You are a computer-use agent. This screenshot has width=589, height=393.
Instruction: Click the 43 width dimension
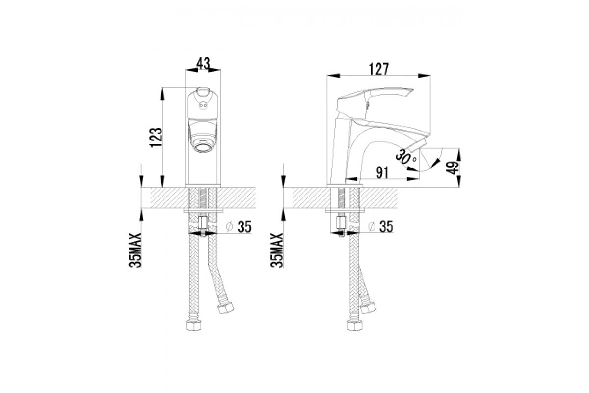point(204,63)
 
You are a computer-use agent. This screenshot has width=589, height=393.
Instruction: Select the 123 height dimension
point(157,138)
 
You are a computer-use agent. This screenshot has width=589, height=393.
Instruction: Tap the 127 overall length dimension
point(378,69)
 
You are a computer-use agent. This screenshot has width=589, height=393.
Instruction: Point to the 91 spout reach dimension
point(382,173)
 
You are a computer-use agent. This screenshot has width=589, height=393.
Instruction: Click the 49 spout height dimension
point(452,168)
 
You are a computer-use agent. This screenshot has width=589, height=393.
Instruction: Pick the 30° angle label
point(406,157)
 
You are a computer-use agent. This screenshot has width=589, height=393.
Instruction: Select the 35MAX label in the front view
point(135,251)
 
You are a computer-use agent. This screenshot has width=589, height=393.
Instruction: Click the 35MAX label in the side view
point(277,251)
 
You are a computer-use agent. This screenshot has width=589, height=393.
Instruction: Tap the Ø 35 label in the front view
point(239,227)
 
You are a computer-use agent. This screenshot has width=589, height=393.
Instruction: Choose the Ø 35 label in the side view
point(381,226)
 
